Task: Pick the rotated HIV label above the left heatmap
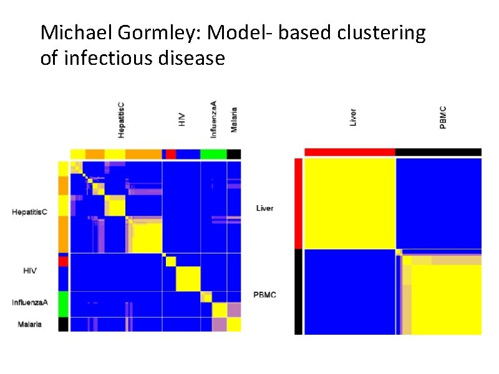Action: (182, 119)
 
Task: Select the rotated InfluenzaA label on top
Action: (213, 120)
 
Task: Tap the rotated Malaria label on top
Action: (234, 120)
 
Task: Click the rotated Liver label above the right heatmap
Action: (353, 117)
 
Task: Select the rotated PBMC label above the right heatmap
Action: (443, 117)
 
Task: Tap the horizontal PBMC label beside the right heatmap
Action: (264, 294)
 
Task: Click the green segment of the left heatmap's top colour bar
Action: (213, 154)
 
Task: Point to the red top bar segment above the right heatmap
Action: (349, 152)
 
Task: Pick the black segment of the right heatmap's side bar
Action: (298, 291)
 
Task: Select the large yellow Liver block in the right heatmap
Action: (349, 203)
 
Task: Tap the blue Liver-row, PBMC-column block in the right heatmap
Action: (438, 203)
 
